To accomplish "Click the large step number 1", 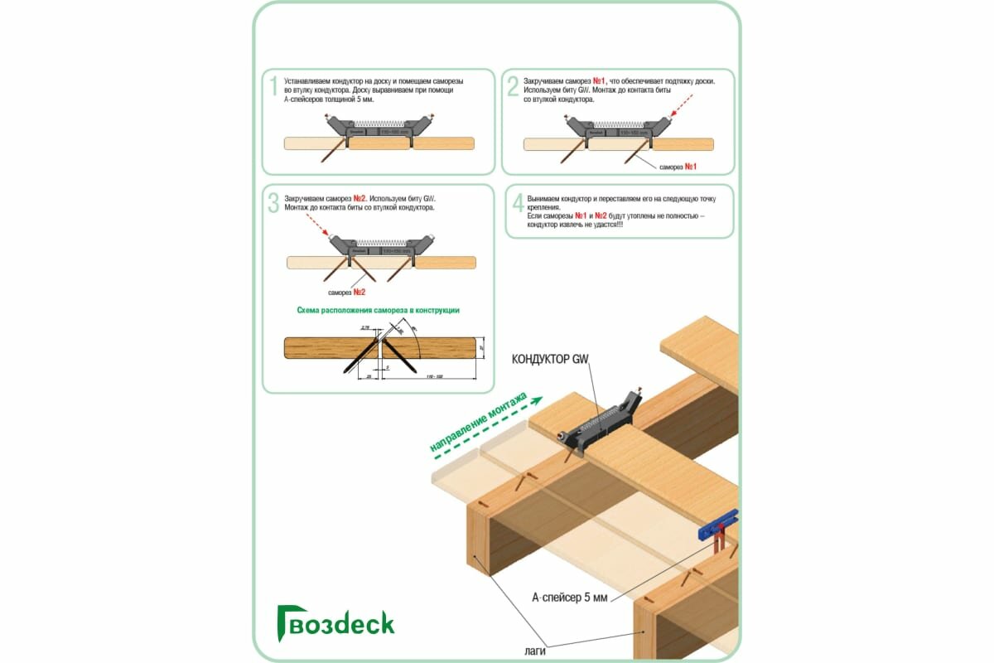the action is click(273, 85).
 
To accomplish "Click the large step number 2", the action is click(513, 85).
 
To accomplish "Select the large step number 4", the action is click(518, 204).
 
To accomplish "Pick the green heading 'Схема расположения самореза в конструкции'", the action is click(378, 310).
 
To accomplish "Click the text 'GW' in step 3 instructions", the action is click(428, 199).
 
